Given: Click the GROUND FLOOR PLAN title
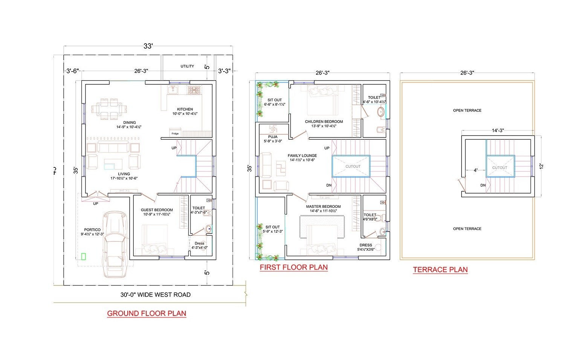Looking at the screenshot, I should tap(147, 313).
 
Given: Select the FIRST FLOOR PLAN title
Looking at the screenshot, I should tap(294, 267).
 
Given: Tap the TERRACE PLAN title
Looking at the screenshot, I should tap(440, 270).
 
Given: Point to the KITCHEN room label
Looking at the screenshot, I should tap(185, 109).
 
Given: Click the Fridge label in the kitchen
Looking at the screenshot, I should tap(175, 134).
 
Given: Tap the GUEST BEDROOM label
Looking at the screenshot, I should tap(157, 210).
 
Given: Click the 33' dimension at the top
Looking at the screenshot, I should tap(148, 46).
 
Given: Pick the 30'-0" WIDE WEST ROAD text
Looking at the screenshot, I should tap(155, 295).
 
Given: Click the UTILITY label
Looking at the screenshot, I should tap(187, 66).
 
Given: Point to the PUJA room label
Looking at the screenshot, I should tap(273, 137).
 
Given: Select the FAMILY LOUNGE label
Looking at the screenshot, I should tap(302, 156).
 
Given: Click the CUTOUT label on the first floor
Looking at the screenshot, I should tap(353, 166).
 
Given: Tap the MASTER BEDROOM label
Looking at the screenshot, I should tap(323, 207).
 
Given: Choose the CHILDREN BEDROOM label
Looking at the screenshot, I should tap(324, 122).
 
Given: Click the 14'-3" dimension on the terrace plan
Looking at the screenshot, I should tap(498, 131).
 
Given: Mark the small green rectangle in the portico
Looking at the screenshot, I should tap(83, 257).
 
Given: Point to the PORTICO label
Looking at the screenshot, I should tap(92, 230).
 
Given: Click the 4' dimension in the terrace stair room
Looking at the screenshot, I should tap(475, 170).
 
